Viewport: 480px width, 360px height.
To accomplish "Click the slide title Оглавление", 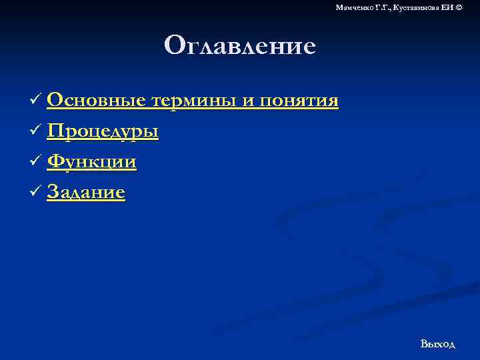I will coord(239,46).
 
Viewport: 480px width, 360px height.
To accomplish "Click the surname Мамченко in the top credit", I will coord(354,7).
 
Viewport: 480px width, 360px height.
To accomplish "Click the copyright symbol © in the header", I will coord(457,7).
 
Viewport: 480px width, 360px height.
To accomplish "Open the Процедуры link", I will coord(103,131).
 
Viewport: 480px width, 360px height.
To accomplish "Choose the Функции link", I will coord(92,162).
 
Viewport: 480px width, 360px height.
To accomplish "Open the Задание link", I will coord(86,193).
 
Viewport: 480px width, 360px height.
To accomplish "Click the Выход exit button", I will coord(437,344).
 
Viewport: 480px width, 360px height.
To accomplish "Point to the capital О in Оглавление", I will coord(175,46).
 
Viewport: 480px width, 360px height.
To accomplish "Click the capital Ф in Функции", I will coord(56,162).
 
